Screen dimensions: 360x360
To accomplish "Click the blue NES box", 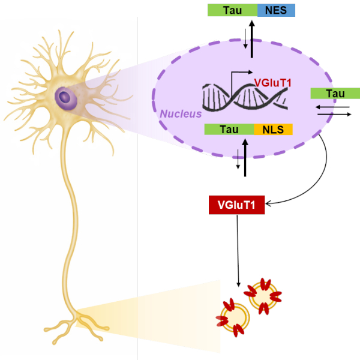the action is point(276,10).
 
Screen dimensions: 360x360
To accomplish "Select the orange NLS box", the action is point(273,129).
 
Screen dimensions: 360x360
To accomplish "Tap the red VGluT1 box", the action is point(237,205).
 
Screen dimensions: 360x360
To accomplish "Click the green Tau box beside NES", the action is point(233,10).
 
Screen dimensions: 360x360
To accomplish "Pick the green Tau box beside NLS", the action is point(229,129).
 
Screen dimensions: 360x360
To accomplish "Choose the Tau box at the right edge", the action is point(335,94).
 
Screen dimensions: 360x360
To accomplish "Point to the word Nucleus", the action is point(181,114).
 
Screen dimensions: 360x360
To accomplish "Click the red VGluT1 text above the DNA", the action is point(273,83).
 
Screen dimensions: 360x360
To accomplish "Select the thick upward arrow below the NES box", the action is point(252,39).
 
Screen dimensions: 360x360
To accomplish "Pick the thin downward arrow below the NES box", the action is point(245,38).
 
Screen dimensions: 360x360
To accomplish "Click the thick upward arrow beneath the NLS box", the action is point(245,158).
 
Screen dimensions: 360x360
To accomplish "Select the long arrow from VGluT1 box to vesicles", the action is point(238,251).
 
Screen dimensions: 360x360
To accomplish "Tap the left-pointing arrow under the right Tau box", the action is point(332,107).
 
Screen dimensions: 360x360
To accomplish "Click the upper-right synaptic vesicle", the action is point(263,296).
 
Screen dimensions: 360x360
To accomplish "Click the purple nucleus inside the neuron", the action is point(65,98).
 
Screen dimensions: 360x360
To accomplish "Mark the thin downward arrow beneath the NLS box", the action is point(238,159).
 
